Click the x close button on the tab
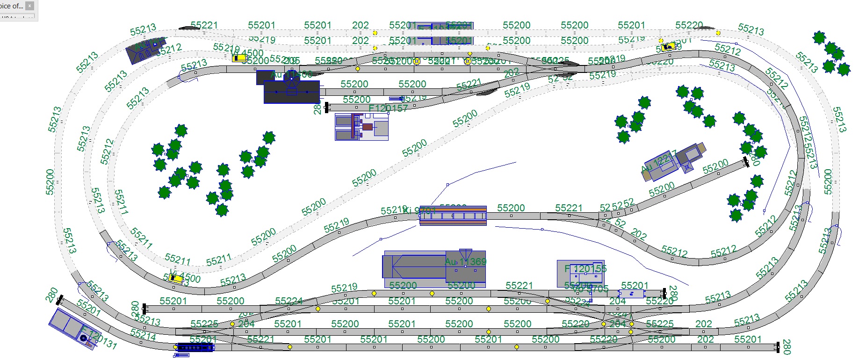[30, 6]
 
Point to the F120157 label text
[388, 108]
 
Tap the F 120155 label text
[585, 269]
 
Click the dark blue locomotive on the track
[195, 347]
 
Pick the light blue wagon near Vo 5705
[631, 294]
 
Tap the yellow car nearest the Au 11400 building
[239, 58]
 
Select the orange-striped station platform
[453, 216]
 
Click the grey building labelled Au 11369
[434, 269]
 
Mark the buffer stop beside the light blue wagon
[664, 294]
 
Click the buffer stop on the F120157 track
[327, 108]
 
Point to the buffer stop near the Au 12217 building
[746, 162]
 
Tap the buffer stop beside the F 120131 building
[59, 300]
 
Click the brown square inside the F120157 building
[368, 127]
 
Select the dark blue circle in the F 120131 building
[84, 338]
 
